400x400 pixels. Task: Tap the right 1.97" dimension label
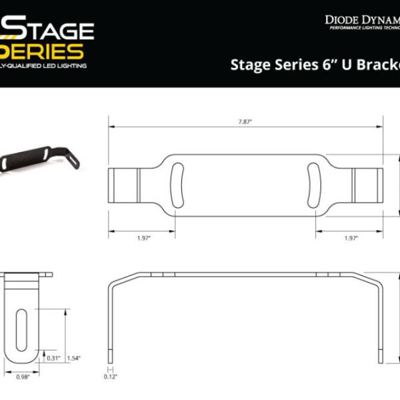click(x=351, y=238)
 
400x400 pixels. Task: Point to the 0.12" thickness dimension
click(x=112, y=377)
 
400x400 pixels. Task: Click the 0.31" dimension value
click(x=54, y=358)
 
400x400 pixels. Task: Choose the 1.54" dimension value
click(x=73, y=358)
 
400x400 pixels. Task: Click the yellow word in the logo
click(x=50, y=52)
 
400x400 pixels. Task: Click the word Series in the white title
click(x=287, y=65)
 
